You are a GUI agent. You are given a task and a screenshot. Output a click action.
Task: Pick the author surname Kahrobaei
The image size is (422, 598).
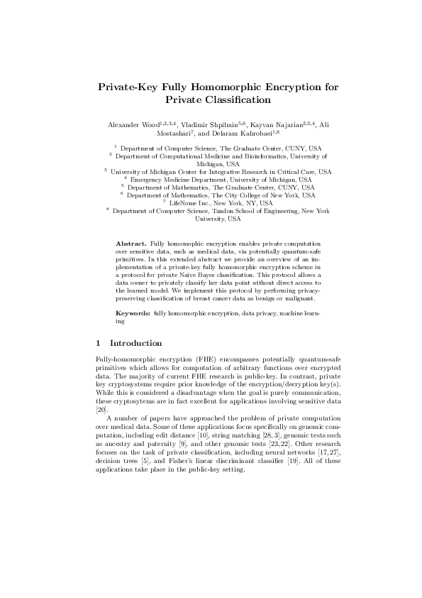pyautogui.click(x=244, y=133)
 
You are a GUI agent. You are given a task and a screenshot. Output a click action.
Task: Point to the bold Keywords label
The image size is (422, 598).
pyautogui.click(x=133, y=313)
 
